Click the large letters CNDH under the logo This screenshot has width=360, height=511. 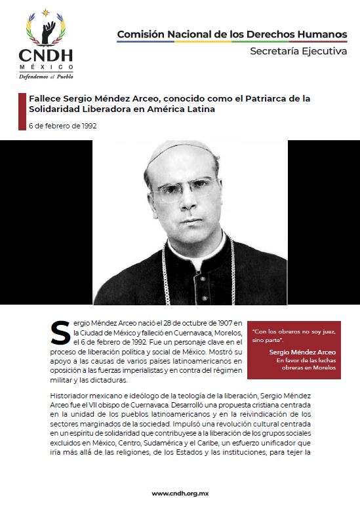pos(46,56)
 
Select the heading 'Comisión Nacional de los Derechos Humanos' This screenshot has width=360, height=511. pos(232,34)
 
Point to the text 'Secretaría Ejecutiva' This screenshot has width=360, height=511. pos(298,52)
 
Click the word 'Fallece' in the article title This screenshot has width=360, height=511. pos(45,99)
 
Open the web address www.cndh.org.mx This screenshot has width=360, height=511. pos(180,493)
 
